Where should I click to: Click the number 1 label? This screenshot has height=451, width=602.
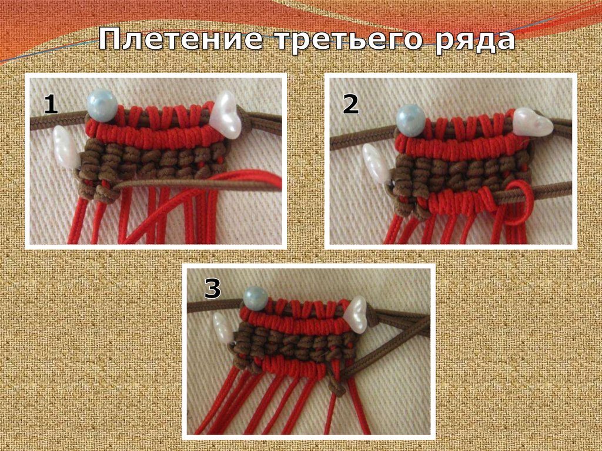pos(51,105)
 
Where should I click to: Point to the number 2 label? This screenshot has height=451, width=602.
pos(350,105)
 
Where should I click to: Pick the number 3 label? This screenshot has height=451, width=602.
pos(212,288)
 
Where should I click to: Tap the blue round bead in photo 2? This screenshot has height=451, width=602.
pos(411,120)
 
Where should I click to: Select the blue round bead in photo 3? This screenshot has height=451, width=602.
pos(256,299)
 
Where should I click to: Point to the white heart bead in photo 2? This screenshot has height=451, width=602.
pos(533,122)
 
